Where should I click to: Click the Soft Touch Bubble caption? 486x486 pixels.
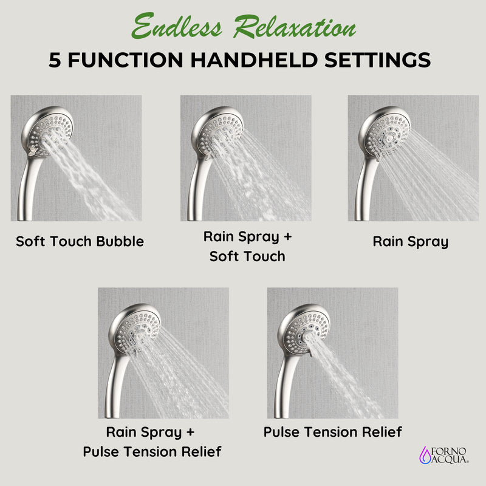coord(80,241)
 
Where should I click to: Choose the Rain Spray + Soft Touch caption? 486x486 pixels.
coord(247,246)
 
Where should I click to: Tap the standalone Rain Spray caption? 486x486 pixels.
coord(411,241)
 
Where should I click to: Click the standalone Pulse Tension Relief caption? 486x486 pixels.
coord(332,432)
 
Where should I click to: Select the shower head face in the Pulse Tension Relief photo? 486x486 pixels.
coord(304,329)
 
